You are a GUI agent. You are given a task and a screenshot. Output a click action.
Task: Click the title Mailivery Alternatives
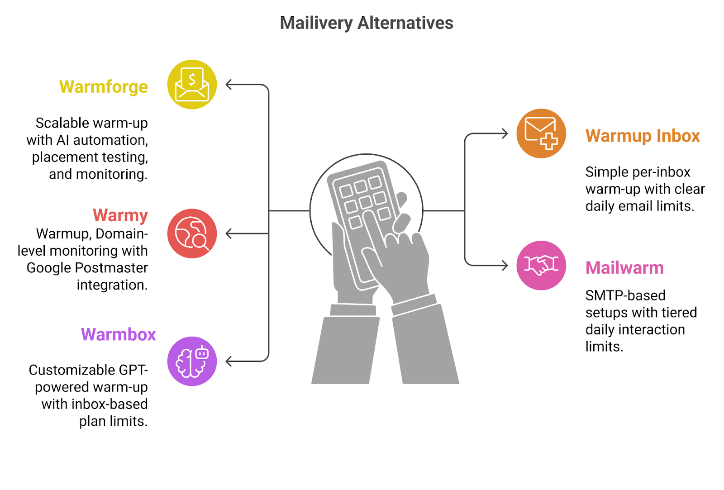[366, 23]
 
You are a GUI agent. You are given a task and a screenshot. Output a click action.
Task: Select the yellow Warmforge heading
[103, 86]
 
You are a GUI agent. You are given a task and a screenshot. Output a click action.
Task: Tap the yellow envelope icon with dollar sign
[192, 85]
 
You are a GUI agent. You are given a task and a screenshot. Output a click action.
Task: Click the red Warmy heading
[120, 215]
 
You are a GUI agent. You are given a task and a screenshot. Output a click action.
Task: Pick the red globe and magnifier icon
[192, 233]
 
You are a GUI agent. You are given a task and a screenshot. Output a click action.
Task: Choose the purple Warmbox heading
[118, 334]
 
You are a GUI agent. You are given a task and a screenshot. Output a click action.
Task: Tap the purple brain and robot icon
[192, 361]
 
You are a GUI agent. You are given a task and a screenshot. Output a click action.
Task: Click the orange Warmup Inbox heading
[642, 136]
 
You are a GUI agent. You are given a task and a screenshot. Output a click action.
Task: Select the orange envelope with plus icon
[541, 133]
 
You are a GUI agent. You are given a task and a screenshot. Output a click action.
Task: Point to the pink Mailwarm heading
[624, 268]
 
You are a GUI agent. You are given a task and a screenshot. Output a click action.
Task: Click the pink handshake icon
[541, 265]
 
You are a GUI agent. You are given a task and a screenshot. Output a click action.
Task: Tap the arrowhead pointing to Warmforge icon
[229, 85]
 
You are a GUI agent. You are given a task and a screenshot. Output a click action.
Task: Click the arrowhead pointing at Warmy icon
[229, 233]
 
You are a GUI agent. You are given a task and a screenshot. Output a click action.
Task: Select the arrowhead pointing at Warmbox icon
[229, 361]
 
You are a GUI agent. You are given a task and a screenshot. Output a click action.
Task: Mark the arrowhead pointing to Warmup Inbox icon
[505, 133]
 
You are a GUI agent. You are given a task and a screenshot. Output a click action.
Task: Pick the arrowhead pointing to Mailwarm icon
[505, 265]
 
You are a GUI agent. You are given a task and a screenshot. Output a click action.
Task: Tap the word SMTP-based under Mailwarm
[625, 295]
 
